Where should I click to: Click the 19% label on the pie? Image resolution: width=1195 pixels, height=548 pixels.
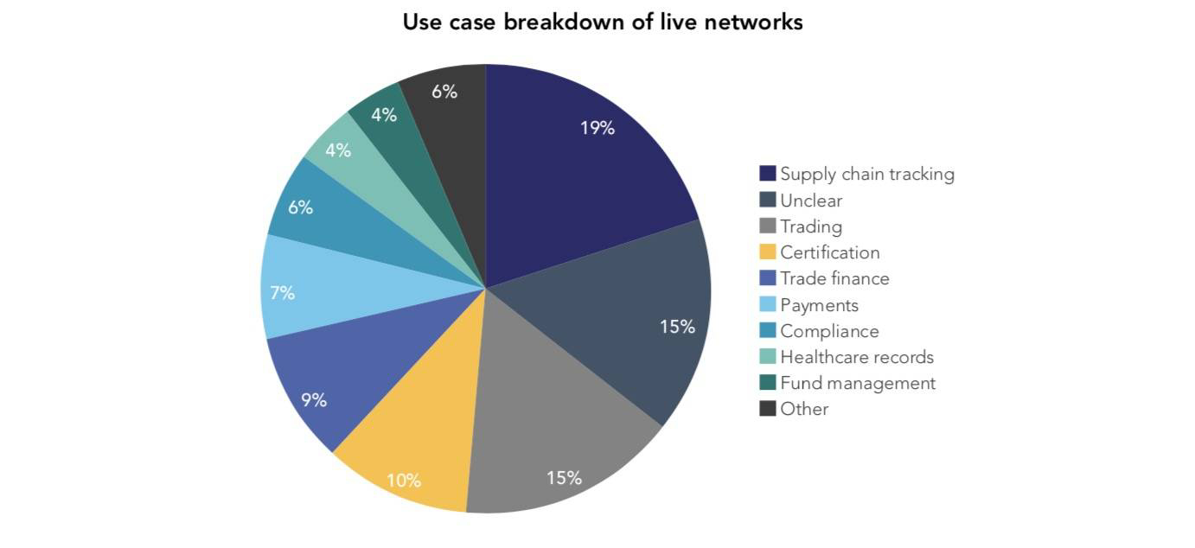click(597, 128)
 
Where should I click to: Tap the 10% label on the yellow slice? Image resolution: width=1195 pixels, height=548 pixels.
click(404, 480)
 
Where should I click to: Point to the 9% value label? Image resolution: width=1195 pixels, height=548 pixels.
click(314, 400)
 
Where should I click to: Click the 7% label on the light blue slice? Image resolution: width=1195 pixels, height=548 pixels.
click(282, 293)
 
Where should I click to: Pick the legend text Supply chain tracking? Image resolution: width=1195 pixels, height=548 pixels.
click(867, 174)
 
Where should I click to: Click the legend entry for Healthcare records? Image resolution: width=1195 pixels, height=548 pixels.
click(857, 357)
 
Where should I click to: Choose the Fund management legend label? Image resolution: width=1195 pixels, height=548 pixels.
click(858, 383)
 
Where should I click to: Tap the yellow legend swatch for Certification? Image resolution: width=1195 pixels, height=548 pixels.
click(768, 252)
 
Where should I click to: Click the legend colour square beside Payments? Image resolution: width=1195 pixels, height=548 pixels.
click(768, 305)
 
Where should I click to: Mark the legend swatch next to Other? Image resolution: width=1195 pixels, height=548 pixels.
click(768, 409)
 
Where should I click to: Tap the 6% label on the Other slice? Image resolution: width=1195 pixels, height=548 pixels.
click(444, 92)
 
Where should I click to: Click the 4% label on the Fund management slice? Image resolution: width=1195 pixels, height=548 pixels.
click(384, 115)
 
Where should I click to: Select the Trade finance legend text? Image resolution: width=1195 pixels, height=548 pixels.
click(834, 278)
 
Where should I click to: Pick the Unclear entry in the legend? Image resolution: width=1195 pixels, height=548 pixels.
click(811, 201)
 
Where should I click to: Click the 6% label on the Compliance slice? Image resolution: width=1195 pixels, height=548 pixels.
click(300, 208)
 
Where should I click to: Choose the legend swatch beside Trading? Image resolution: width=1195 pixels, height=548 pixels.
click(768, 226)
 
